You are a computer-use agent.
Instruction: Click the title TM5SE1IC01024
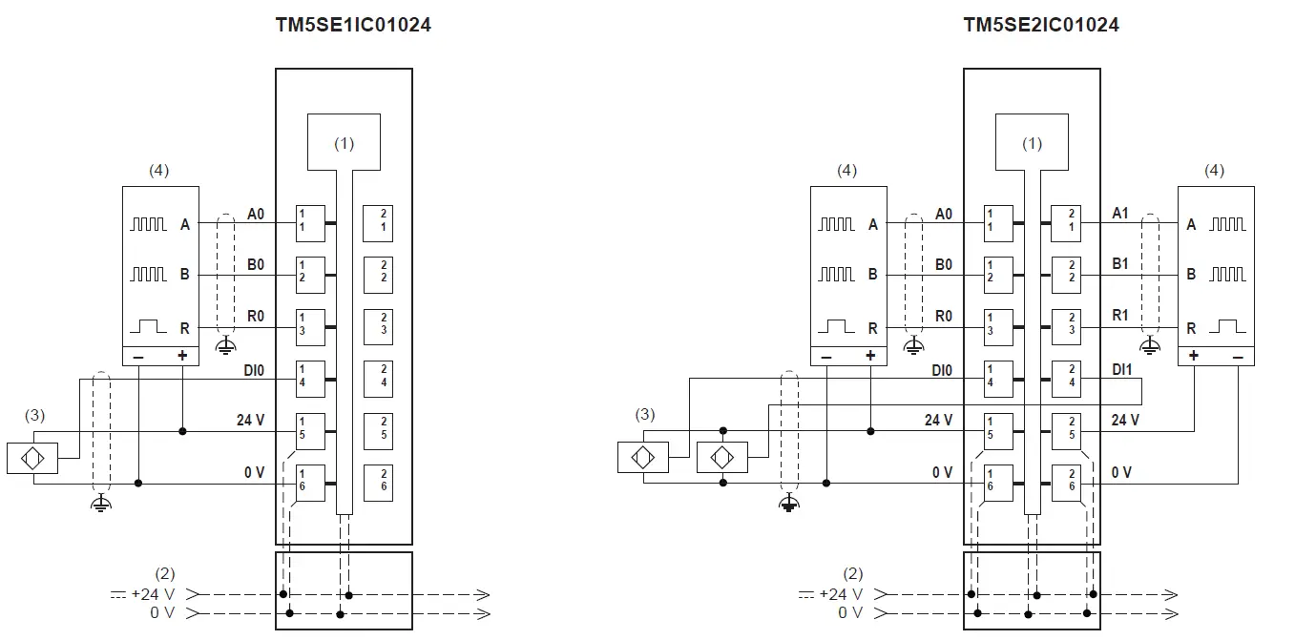(x=353, y=26)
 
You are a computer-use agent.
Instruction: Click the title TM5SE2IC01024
(x=1041, y=26)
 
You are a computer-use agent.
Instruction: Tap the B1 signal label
(x=1120, y=264)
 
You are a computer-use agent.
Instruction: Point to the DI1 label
(x=1122, y=368)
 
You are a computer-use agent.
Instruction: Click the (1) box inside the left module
(x=344, y=142)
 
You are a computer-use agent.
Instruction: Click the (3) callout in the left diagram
(x=34, y=415)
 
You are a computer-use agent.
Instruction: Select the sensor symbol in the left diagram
(x=31, y=459)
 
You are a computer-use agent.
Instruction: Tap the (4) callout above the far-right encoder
(x=1214, y=171)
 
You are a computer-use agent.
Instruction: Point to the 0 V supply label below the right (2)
(x=849, y=612)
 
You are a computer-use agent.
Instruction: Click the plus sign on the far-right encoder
(x=1195, y=356)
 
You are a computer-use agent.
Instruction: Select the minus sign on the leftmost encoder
(x=139, y=356)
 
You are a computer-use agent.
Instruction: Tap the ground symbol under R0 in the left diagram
(x=225, y=344)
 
